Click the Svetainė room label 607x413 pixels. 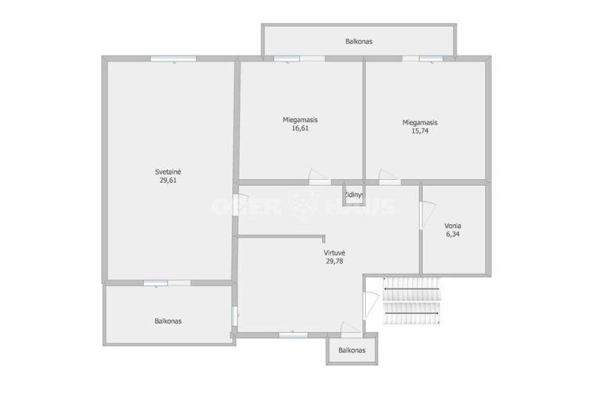168,172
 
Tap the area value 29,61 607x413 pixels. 168,181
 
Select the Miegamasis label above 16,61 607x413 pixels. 300,120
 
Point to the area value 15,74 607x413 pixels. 420,131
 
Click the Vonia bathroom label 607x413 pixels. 452,226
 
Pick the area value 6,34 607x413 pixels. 452,234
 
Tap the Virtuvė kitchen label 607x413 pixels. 335,252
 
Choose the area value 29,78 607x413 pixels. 335,261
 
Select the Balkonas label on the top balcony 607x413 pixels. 359,41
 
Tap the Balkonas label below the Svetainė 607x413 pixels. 168,321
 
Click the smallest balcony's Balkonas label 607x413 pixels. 352,350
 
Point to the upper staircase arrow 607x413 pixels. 412,289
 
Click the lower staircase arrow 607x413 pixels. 412,313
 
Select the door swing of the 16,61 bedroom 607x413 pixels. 318,176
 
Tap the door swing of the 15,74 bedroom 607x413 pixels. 389,176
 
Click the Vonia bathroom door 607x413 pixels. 427,215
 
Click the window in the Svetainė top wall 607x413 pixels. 173,58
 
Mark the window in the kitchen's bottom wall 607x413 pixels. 293,335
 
